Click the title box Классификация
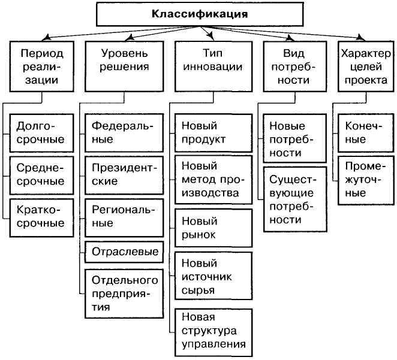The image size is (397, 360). [x=200, y=14]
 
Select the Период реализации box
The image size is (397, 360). [x=42, y=66]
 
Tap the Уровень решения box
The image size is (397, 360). [x=124, y=66]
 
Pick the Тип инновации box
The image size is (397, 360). [x=213, y=66]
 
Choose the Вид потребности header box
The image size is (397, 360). [x=295, y=66]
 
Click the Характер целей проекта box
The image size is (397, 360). [x=366, y=66]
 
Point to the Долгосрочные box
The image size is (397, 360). [x=41, y=133]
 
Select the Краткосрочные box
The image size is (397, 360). [x=41, y=217]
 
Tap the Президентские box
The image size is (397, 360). [x=124, y=175]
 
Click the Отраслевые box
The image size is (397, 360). [x=124, y=252]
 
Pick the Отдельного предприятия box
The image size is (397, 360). [x=124, y=294]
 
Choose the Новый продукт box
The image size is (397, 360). [x=213, y=133]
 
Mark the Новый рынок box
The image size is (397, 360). [x=213, y=228]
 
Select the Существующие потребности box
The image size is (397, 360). [x=295, y=199]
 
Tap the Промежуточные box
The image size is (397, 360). [x=366, y=180]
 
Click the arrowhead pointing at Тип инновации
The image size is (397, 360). [x=212, y=38]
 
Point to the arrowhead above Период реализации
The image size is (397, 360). [x=46, y=38]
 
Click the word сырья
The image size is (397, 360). [x=198, y=291]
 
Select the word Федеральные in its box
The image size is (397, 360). [x=122, y=132]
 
